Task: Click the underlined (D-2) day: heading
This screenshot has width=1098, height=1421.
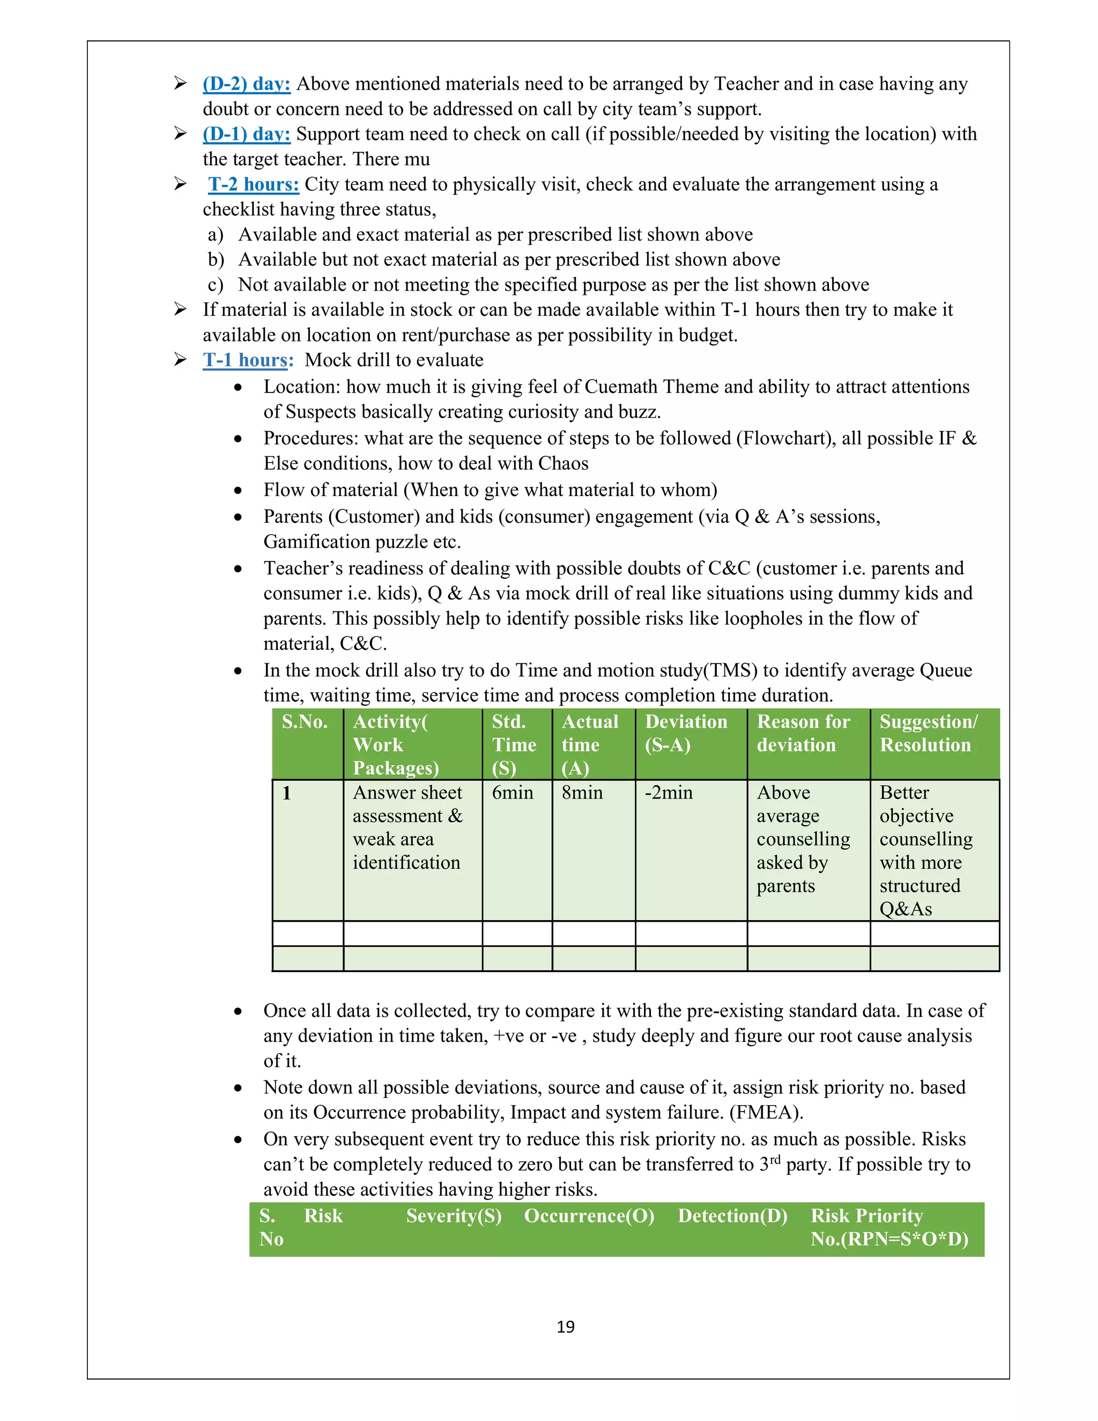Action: point(247,84)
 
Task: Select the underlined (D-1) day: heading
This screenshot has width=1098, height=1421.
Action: point(247,134)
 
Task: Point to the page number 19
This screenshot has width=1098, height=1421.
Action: point(565,1327)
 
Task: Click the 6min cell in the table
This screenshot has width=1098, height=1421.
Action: point(512,793)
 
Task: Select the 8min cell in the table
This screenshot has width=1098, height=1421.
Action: point(582,793)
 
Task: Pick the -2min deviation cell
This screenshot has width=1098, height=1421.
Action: point(669,793)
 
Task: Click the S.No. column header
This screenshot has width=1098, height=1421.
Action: point(305,722)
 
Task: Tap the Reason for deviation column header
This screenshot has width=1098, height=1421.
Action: point(803,733)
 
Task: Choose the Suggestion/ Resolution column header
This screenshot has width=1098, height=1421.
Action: point(928,733)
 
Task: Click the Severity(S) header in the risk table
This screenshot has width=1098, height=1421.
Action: point(454,1216)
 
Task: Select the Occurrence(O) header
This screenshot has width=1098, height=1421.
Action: point(589,1216)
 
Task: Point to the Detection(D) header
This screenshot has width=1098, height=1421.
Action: point(732,1216)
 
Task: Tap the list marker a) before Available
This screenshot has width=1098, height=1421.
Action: point(216,234)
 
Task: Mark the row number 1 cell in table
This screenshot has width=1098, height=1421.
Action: point(287,793)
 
